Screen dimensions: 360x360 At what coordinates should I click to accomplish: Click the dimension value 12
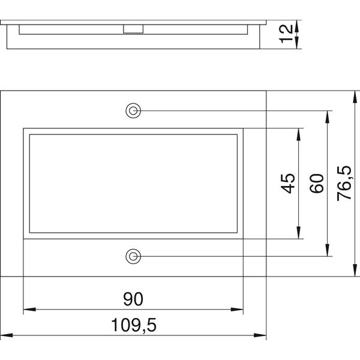(x=286, y=34)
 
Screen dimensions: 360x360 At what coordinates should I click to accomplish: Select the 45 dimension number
(x=287, y=184)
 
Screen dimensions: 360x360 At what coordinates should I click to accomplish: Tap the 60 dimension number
(x=317, y=184)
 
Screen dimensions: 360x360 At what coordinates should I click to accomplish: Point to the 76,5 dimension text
(x=344, y=184)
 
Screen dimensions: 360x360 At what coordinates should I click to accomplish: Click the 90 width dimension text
(x=133, y=299)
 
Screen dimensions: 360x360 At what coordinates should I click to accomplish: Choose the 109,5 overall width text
(x=134, y=325)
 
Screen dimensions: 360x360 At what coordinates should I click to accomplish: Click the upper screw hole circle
(x=133, y=110)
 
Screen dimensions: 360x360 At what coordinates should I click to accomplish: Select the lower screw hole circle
(x=133, y=256)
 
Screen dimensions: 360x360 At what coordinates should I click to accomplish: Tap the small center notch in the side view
(x=133, y=29)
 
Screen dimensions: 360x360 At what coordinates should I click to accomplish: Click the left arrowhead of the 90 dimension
(x=29, y=310)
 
